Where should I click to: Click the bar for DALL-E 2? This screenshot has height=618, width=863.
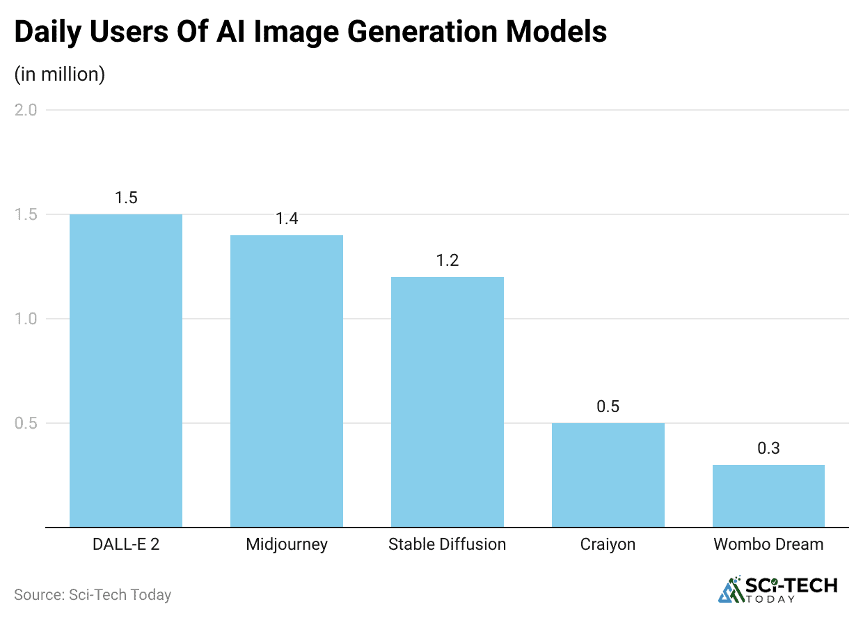click(x=126, y=370)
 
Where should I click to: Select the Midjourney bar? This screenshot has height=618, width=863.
click(x=287, y=381)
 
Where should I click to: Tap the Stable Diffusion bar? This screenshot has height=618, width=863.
click(x=448, y=402)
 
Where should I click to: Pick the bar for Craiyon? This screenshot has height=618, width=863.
click(x=608, y=475)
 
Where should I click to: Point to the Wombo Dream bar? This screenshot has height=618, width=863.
click(x=768, y=496)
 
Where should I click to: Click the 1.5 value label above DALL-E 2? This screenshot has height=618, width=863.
click(x=126, y=198)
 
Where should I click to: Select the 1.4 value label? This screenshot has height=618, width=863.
click(x=287, y=219)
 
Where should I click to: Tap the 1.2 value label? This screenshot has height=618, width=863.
click(x=448, y=260)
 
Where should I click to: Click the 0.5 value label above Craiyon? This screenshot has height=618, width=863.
click(x=608, y=406)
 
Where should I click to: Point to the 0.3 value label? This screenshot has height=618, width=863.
click(x=768, y=448)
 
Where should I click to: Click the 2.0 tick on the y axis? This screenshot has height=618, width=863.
click(x=27, y=110)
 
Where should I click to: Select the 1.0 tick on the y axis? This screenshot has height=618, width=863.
click(x=27, y=319)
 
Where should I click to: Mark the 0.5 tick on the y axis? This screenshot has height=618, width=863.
click(x=27, y=423)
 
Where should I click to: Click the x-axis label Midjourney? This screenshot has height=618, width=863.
click(x=287, y=544)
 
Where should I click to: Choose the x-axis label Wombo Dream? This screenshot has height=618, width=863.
click(x=768, y=544)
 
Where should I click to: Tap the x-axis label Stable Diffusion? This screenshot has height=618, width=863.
click(x=448, y=544)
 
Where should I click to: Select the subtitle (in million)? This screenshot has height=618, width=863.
click(x=60, y=74)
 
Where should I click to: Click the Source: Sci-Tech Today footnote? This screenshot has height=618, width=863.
click(x=93, y=595)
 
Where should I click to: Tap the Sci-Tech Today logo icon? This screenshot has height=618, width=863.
click(x=731, y=589)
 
